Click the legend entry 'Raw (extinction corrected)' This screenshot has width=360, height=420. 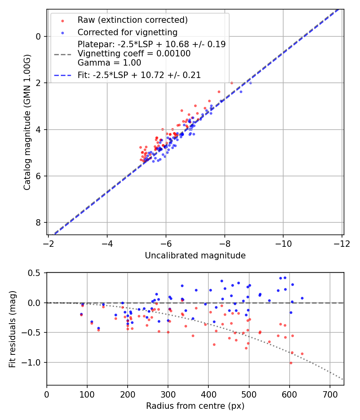pyautogui.click(x=132, y=20)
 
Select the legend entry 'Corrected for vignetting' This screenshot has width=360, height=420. pyautogui.click(x=128, y=32)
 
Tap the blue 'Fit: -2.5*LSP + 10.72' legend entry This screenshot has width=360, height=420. pyautogui.click(x=139, y=75)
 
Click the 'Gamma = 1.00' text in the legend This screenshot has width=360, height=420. pyautogui.click(x=109, y=62)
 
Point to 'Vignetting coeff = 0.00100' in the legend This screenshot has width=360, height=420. pyautogui.click(x=134, y=54)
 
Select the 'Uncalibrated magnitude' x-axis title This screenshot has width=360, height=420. pyautogui.click(x=195, y=255)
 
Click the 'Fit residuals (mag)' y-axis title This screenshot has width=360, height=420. pyautogui.click(x=13, y=329)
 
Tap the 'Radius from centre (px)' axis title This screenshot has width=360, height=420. pyautogui.click(x=195, y=406)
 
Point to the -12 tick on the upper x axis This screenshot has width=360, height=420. pyautogui.click(x=342, y=243)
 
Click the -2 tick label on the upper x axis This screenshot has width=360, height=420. pyautogui.click(x=48, y=243)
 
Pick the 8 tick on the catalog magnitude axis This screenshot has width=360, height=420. pyautogui.click(x=38, y=222)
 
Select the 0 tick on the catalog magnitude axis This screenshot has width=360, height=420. pyautogui.click(x=38, y=36)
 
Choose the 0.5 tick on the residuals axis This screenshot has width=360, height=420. pyautogui.click(x=35, y=273)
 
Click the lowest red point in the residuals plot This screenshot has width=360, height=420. pyautogui.click(x=291, y=363)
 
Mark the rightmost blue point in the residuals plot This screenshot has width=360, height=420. pyautogui.click(x=302, y=298)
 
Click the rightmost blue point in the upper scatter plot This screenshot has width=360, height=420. pyautogui.click(x=250, y=83)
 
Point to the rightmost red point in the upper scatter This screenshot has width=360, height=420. pyautogui.click(x=232, y=83)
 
